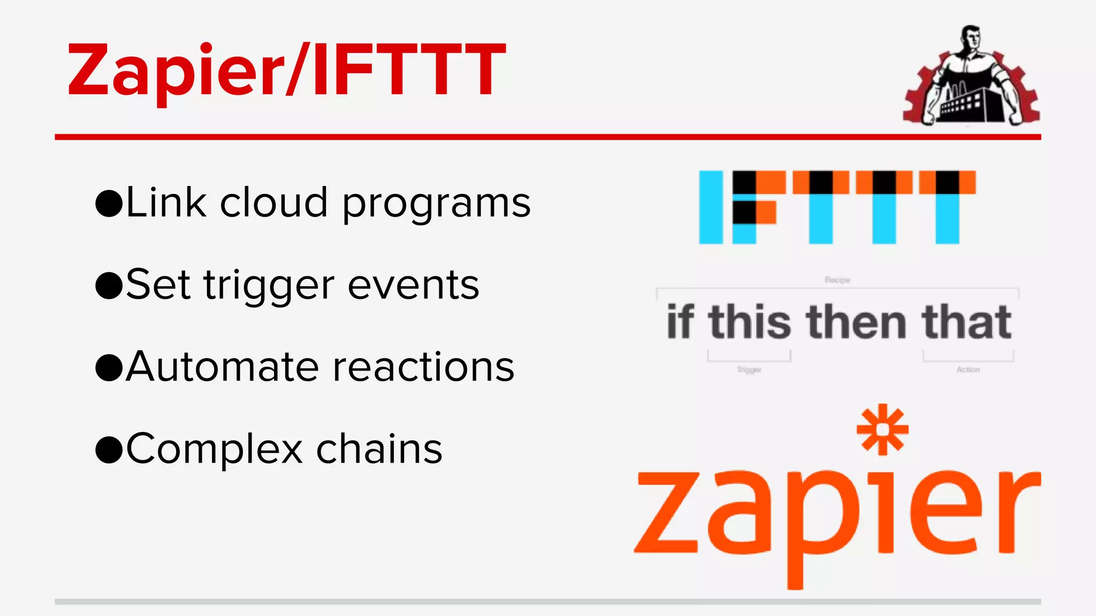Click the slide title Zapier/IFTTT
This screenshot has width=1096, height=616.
click(286, 70)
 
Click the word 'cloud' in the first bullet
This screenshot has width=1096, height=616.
click(273, 203)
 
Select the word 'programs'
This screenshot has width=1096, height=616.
click(436, 206)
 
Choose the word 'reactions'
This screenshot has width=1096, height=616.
click(423, 367)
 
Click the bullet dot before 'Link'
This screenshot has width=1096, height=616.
click(109, 204)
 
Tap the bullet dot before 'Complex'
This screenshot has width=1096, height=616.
click(109, 450)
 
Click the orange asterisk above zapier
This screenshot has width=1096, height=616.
click(882, 429)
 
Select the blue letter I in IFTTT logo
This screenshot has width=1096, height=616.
click(711, 207)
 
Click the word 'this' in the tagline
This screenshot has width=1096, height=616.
click(750, 322)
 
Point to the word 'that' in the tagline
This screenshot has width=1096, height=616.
click(966, 322)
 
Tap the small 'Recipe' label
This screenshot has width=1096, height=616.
click(837, 280)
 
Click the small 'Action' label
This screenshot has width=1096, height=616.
click(968, 369)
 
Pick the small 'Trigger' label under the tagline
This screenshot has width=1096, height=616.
click(749, 369)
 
